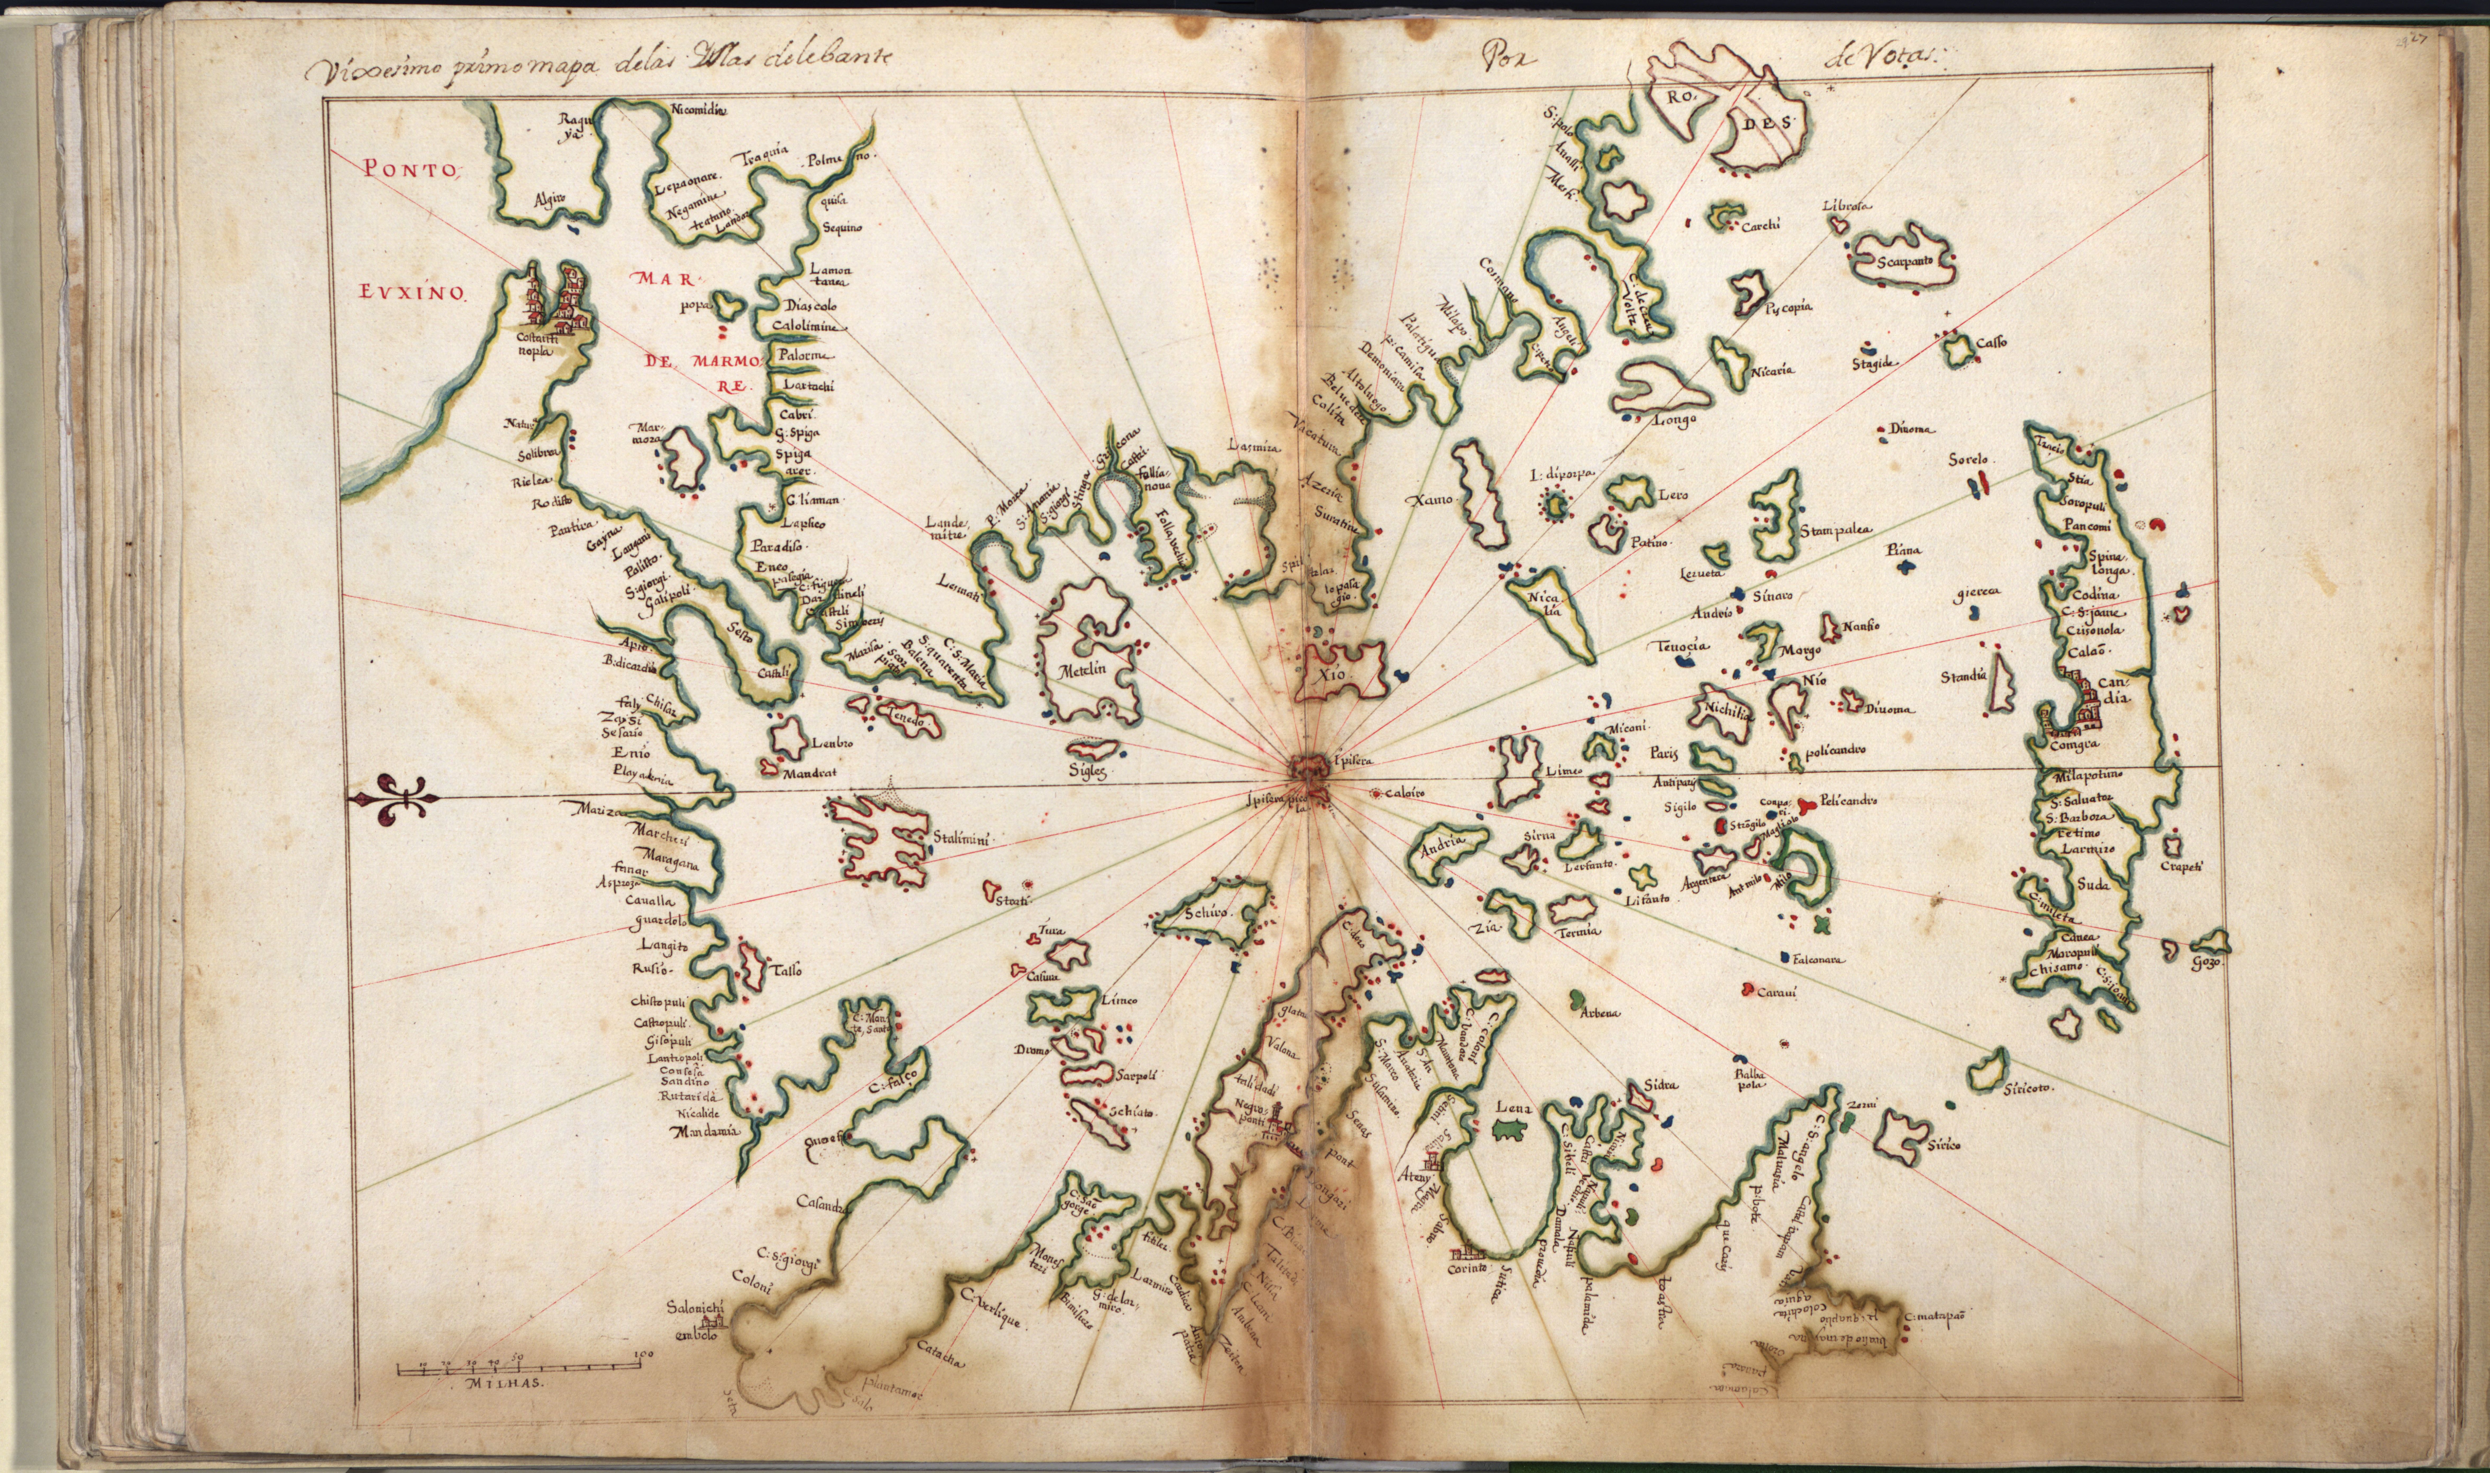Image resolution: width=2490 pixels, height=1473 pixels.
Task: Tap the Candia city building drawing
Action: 2083,702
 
